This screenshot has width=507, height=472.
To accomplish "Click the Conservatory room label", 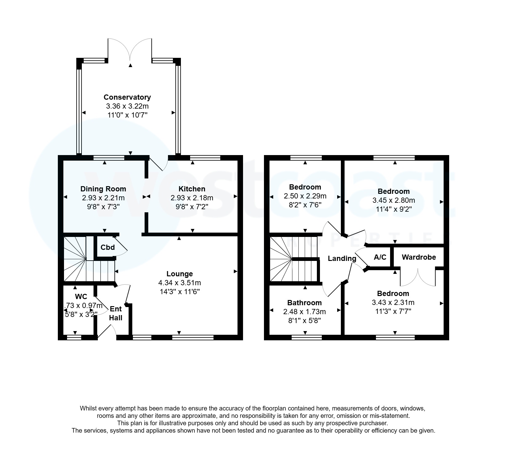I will [x=127, y=97].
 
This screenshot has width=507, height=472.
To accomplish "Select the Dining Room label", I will [x=103, y=189].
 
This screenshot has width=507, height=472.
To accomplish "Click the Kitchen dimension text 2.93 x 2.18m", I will [x=192, y=198].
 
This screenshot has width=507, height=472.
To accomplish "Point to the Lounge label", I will [x=180, y=274].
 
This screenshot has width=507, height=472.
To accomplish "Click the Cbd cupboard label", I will [x=108, y=247].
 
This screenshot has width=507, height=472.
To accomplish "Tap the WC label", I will [x=81, y=297].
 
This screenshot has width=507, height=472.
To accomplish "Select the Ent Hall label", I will [x=116, y=314].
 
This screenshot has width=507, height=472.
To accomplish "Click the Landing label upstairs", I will [x=342, y=258].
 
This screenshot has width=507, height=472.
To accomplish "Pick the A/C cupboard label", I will [x=380, y=257].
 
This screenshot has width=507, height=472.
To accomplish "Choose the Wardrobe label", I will [x=419, y=257].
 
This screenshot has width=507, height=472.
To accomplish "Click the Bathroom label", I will [x=304, y=303].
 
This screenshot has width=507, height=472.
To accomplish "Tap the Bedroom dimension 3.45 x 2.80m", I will [x=393, y=201].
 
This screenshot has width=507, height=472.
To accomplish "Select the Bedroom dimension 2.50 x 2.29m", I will [x=305, y=196].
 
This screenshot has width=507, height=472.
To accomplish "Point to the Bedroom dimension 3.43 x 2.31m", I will [x=393, y=302].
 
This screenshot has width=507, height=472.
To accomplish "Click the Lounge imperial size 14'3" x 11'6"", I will [x=179, y=291].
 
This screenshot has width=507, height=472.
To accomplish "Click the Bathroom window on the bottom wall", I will [x=306, y=338].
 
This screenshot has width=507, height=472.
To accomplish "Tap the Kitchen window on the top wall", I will [x=205, y=158].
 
